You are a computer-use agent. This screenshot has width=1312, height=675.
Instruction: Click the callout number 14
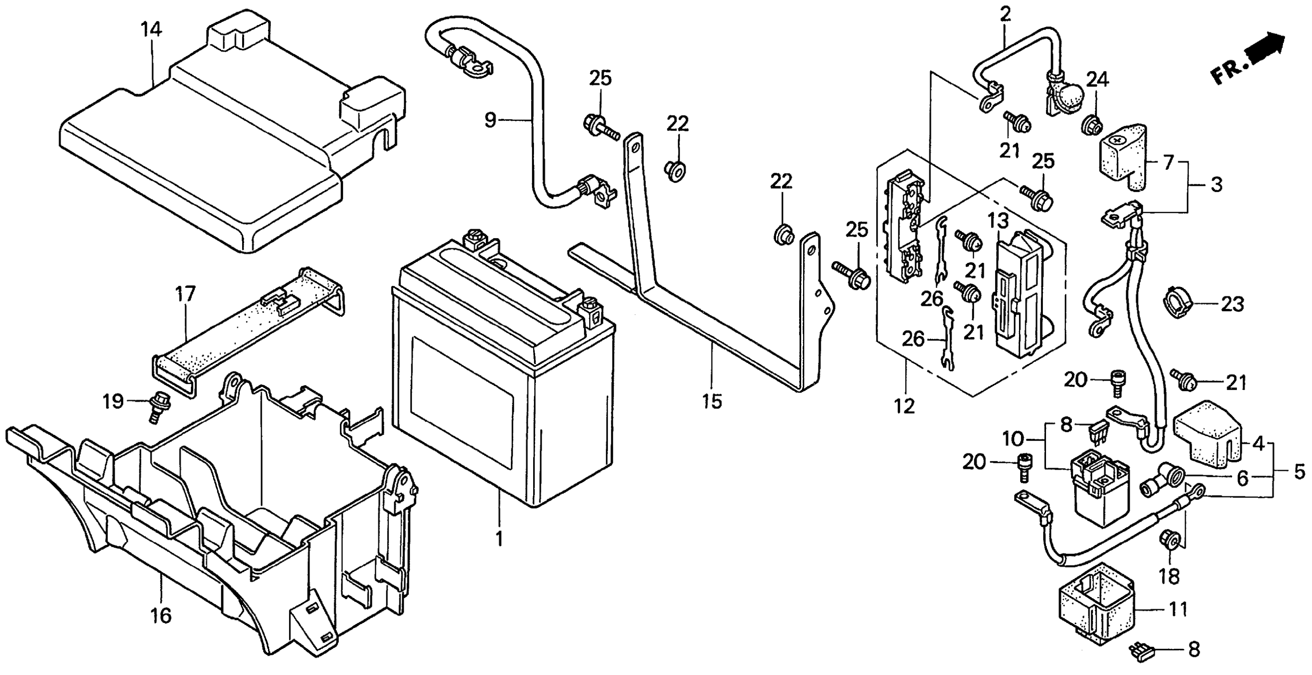tap(151, 30)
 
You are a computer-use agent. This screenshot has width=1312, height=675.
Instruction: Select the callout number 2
tap(1005, 15)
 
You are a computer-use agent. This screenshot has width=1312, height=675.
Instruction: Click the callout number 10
tap(1013, 438)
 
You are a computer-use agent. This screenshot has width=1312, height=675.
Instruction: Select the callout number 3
tap(1216, 184)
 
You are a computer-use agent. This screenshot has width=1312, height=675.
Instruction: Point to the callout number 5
tap(1300, 471)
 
